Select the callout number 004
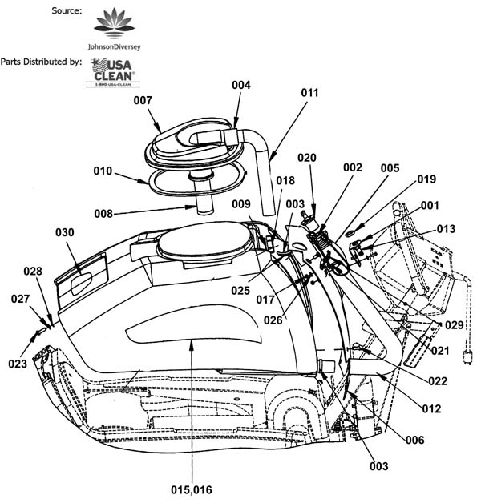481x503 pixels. [241, 84]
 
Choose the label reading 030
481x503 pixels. [65, 233]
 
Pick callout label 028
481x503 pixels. [33, 272]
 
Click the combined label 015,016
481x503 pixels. [191, 489]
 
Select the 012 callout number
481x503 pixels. [431, 409]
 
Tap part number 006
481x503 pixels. [414, 441]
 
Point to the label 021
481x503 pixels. [440, 350]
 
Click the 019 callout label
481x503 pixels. [426, 179]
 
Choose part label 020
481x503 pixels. [307, 158]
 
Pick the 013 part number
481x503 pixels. [446, 229]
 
